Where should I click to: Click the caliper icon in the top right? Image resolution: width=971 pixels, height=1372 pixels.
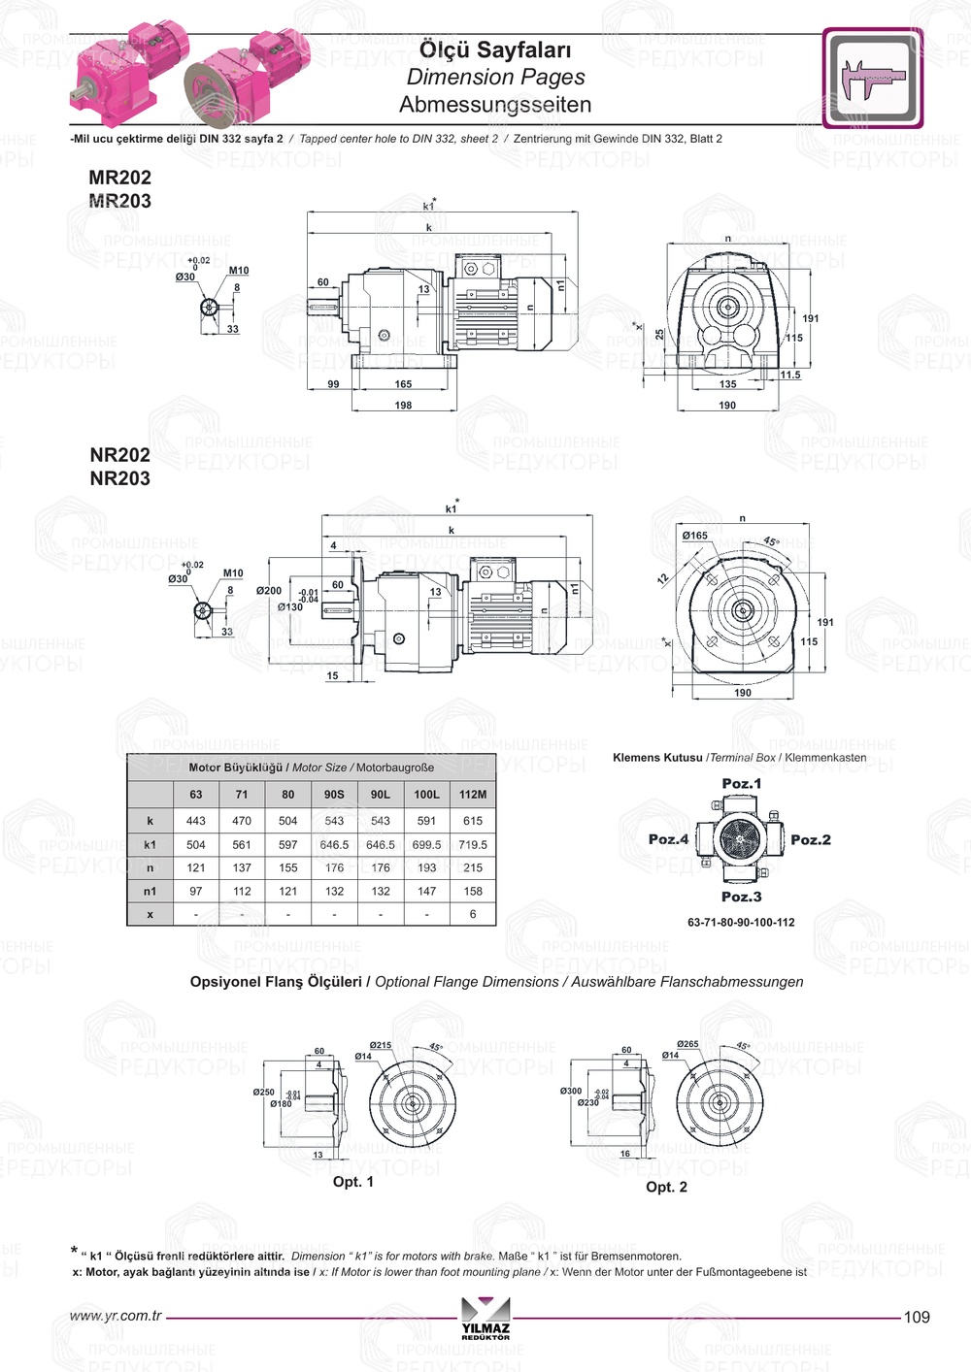pyautogui.click(x=872, y=79)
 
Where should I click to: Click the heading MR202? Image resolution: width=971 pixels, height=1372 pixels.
pyautogui.click(x=119, y=178)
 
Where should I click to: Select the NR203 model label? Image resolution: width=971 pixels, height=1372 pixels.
pyautogui.click(x=119, y=478)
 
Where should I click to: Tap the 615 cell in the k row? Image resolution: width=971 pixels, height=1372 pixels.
pyautogui.click(x=473, y=821)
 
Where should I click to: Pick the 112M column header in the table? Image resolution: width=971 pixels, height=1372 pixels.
pyautogui.click(x=473, y=795)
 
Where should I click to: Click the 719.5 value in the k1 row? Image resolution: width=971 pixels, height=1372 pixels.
pyautogui.click(x=473, y=845)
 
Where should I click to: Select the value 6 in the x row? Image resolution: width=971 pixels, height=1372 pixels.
pyautogui.click(x=473, y=914)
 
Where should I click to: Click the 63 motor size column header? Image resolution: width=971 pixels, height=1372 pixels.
pyautogui.click(x=196, y=795)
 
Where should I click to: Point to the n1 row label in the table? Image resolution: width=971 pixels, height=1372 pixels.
pyautogui.click(x=150, y=892)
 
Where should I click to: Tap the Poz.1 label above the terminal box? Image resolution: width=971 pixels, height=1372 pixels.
pyautogui.click(x=742, y=784)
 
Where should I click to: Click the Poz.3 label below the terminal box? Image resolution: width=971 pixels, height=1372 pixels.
pyautogui.click(x=742, y=898)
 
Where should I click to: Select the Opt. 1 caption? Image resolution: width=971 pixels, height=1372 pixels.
pyautogui.click(x=353, y=1182)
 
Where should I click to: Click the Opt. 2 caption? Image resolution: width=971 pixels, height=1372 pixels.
pyautogui.click(x=667, y=1188)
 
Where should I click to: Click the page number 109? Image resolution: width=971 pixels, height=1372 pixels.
pyautogui.click(x=917, y=1318)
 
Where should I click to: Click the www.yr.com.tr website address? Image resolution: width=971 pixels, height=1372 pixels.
pyautogui.click(x=116, y=1317)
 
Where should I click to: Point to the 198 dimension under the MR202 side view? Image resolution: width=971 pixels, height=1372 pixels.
pyautogui.click(x=403, y=406)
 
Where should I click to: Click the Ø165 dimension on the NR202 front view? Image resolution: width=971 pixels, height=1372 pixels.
pyautogui.click(x=695, y=536)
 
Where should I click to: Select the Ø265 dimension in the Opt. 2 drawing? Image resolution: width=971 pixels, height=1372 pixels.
pyautogui.click(x=687, y=1045)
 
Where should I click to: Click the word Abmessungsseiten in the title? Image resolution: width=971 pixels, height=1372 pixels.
pyautogui.click(x=495, y=105)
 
